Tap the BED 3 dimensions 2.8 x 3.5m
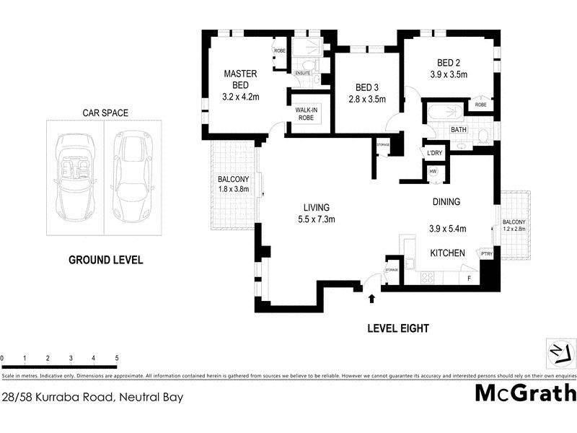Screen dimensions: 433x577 pos(366,100)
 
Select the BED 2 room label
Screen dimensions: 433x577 pos(449,62)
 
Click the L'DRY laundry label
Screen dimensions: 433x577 pos(434,153)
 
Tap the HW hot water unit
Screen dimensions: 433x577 pos(433,172)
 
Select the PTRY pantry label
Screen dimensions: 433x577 pos(486,253)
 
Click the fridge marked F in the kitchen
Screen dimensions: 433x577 pos(470,277)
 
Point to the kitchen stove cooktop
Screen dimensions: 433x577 pos(427,276)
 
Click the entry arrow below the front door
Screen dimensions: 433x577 pos(372,298)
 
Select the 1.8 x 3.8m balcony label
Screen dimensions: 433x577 pos(234,189)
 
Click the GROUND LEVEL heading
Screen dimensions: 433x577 pos(105,260)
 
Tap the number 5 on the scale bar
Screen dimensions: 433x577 pos(116,358)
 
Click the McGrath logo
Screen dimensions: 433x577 pos(525,392)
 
